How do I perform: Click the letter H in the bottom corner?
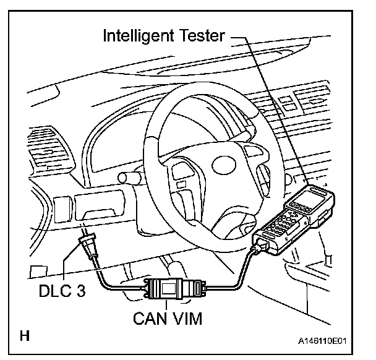[25, 337]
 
